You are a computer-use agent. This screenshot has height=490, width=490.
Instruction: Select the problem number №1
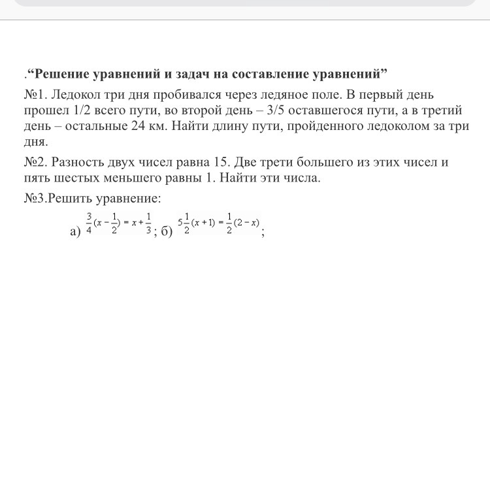(x=33, y=95)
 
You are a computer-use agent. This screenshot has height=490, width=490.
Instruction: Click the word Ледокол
(x=78, y=95)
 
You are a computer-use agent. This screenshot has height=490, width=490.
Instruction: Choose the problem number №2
(x=33, y=162)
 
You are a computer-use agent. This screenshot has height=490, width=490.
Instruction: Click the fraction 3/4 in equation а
(x=89, y=223)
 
